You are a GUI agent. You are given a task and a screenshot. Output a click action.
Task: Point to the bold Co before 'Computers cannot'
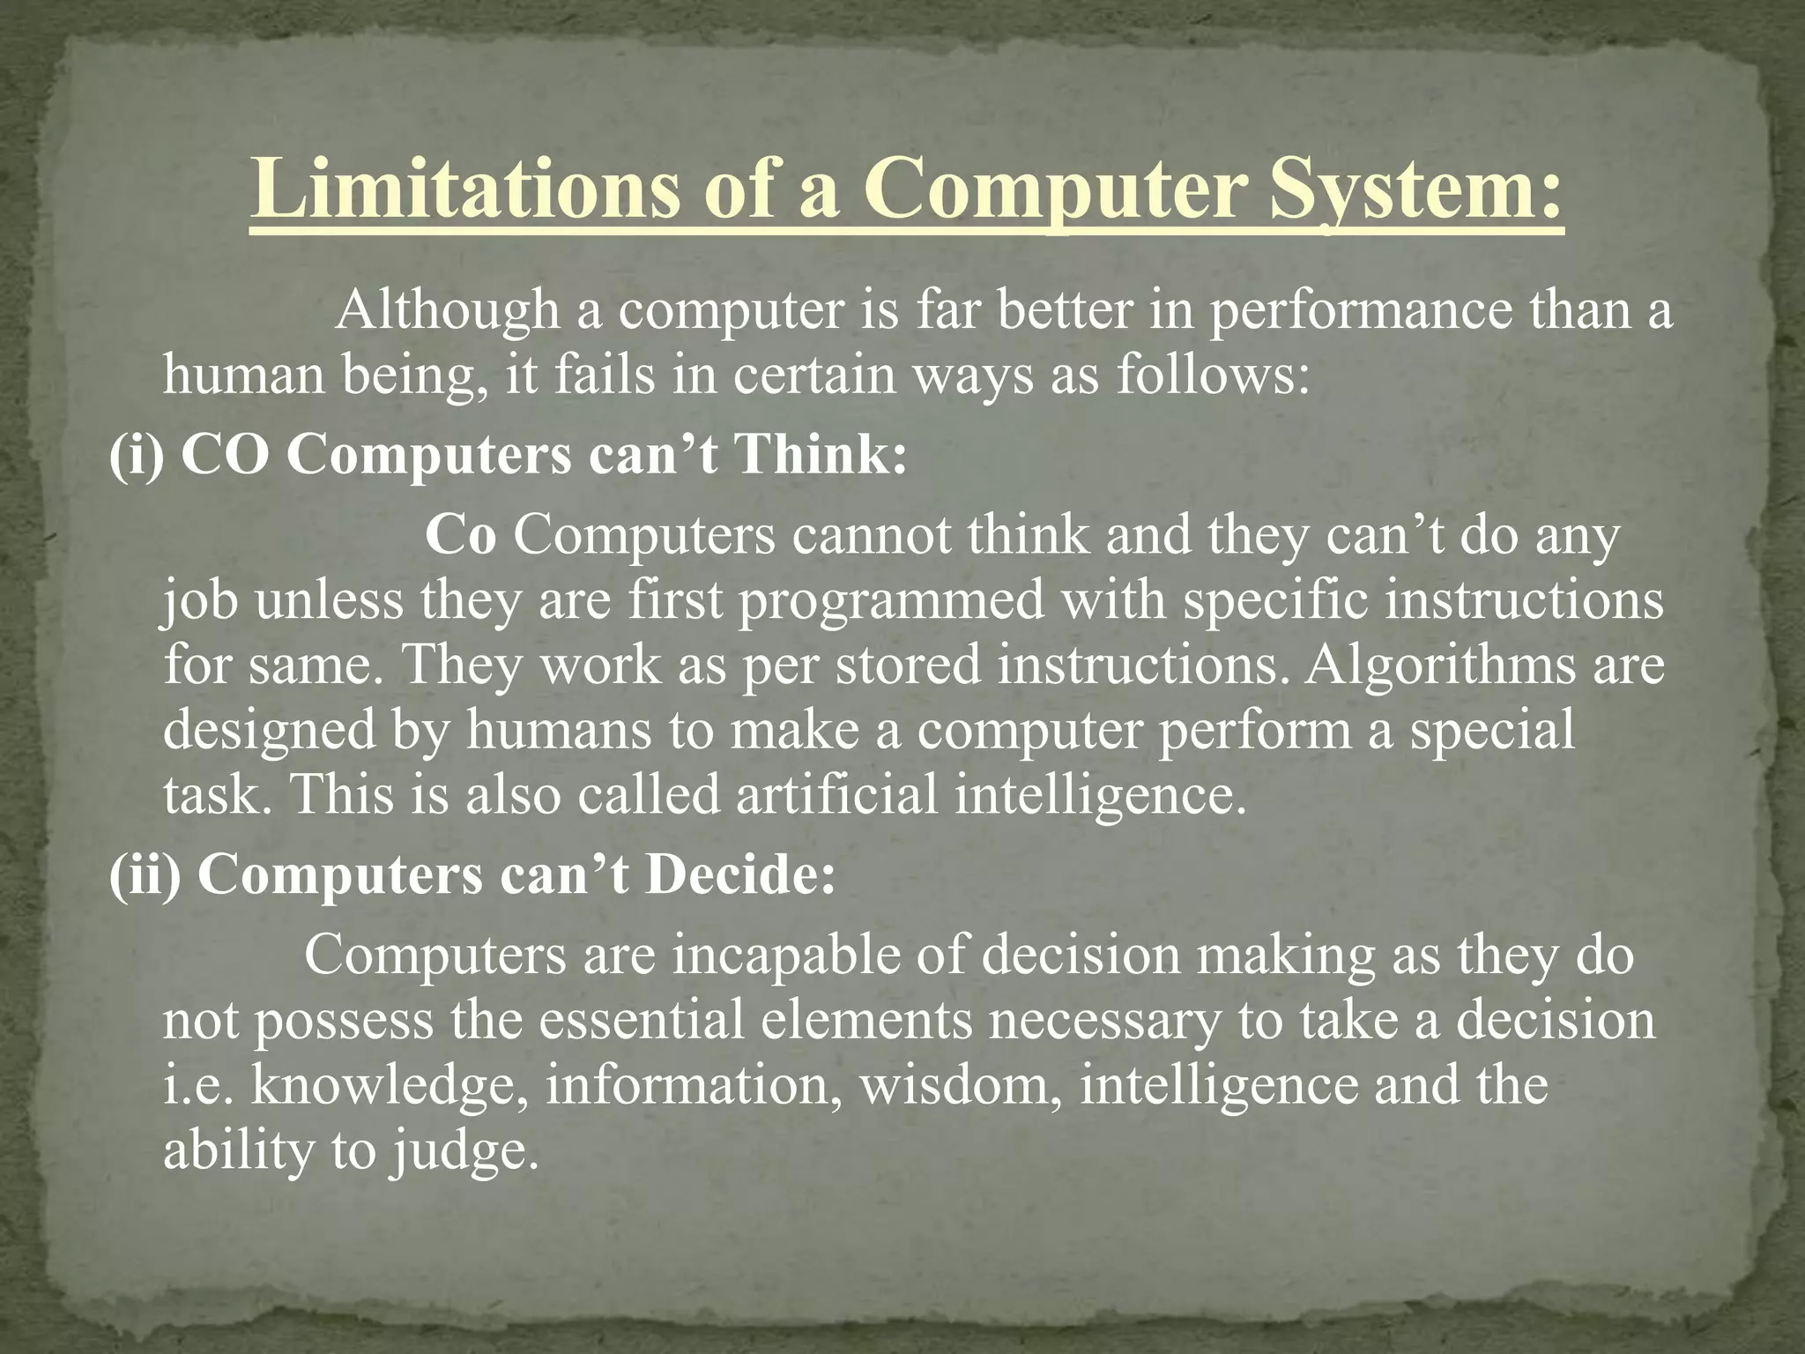460,535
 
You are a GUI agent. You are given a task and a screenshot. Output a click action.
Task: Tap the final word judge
464,1150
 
